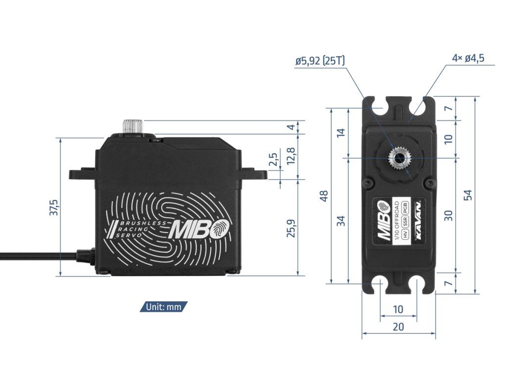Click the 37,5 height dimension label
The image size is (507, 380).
[x=54, y=207]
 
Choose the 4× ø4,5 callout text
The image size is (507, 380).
[x=468, y=58]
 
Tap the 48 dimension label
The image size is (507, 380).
[x=324, y=196]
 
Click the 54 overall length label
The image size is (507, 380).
[x=468, y=195]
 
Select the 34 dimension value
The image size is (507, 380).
[x=341, y=221]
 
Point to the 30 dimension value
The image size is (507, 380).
[x=448, y=215]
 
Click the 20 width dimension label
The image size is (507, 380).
[x=398, y=327]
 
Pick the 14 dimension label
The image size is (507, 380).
[x=341, y=133]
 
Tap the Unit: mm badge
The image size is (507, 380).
[x=163, y=307]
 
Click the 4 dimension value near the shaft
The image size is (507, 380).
[x=291, y=127]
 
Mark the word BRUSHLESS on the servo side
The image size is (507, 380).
[x=141, y=224]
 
